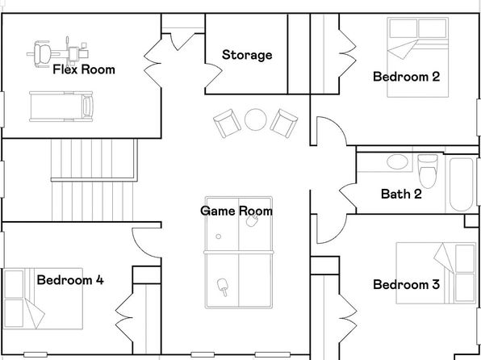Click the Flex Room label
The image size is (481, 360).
click(84, 69)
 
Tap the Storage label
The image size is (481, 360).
click(247, 55)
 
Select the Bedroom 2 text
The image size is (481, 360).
click(407, 77)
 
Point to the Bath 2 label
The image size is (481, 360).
click(401, 194)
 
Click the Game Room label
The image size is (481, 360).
click(236, 211)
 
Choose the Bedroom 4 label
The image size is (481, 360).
click(70, 280)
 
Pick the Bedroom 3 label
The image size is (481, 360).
click(407, 284)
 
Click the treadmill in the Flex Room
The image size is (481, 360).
click(61, 107)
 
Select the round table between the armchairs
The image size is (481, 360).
click(256, 119)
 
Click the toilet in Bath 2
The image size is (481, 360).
click(428, 171)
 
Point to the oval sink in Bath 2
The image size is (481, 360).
click(397, 161)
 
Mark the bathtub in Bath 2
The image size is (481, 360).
click(461, 185)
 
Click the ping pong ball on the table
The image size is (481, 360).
click(219, 237)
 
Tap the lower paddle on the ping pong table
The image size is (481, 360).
click(223, 287)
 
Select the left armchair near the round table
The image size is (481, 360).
click(228, 123)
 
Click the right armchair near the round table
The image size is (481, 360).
click(284, 123)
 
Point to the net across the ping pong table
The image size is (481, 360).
click(239, 253)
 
